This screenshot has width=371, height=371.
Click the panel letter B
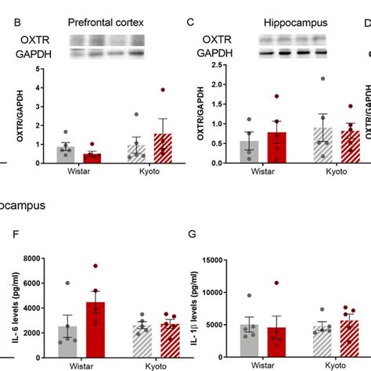tap(17, 23)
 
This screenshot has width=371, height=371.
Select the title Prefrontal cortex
tap(106, 23)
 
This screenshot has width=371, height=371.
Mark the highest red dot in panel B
tap(163, 91)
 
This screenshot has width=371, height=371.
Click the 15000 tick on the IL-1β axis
tap(207, 259)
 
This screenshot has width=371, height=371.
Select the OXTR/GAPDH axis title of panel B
tap(9, 117)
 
